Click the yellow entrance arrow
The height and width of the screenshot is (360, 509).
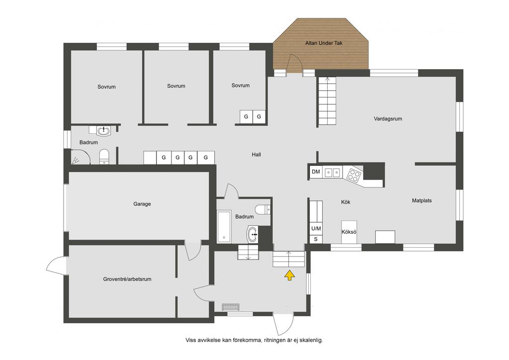point(290,275)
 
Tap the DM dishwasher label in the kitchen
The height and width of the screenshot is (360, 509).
point(316,172)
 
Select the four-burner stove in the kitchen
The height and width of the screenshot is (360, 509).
point(353,175)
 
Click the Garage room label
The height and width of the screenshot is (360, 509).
point(142,204)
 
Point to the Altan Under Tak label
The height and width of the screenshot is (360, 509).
point(324,43)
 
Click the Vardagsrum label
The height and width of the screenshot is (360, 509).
point(388,119)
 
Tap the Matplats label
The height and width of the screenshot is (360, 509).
point(422,200)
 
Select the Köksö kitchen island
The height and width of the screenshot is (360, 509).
point(349,232)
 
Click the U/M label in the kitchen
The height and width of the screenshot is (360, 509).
point(316,229)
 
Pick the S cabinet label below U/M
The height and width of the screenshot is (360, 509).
point(316,240)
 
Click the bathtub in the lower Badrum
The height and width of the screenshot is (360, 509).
point(224,227)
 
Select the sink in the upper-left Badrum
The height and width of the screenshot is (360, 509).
point(103,130)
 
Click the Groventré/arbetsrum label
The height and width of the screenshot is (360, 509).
point(127,279)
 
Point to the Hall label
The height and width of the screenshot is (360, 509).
point(256,155)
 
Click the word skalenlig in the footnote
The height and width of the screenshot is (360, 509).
point(312,340)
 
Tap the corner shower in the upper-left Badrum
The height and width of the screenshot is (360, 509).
point(80,158)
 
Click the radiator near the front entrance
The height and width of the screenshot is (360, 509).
point(231,307)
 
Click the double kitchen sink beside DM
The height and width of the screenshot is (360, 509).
point(333,172)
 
